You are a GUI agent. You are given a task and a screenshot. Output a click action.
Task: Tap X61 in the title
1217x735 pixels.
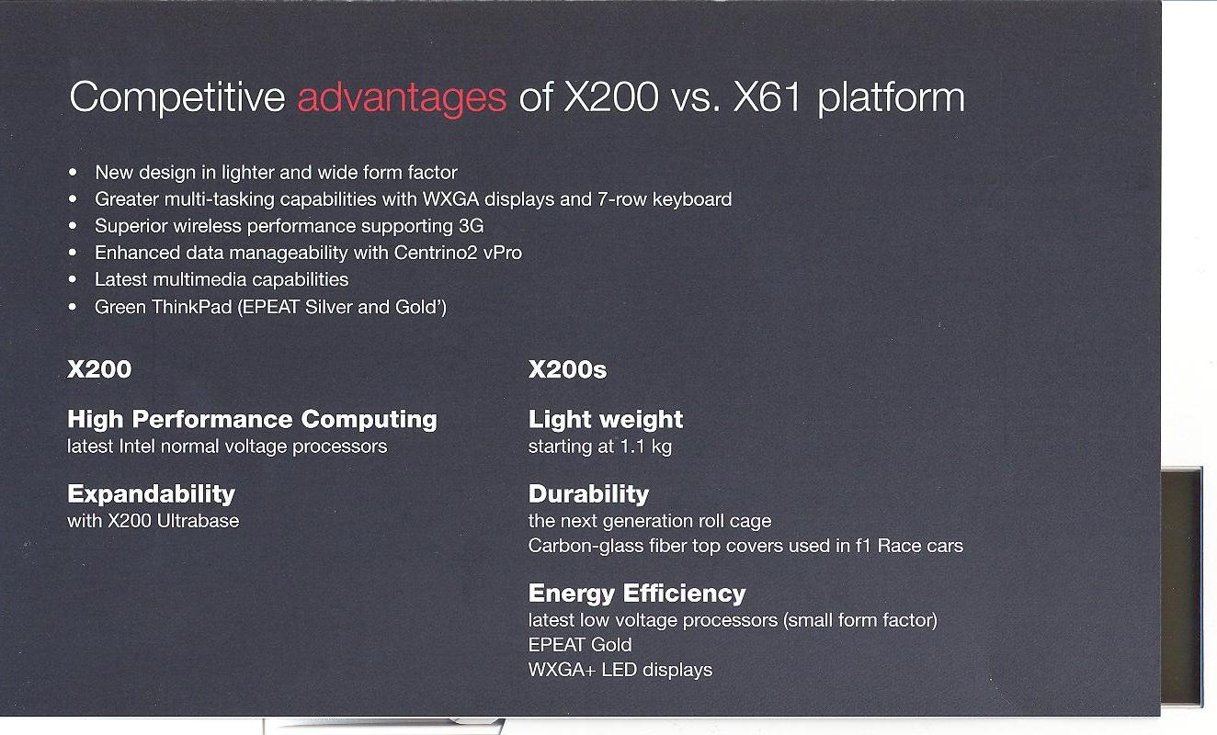pos(767,97)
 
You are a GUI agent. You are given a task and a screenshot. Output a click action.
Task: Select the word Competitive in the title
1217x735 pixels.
pos(177,98)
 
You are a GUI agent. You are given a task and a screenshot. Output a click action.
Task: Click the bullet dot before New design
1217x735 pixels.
pos(73,172)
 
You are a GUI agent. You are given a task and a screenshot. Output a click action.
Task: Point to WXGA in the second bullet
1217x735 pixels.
pos(450,199)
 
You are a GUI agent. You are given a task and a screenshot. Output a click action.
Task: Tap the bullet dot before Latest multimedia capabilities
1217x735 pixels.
pos(73,279)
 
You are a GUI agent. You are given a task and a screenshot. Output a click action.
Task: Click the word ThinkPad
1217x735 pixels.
pos(191,307)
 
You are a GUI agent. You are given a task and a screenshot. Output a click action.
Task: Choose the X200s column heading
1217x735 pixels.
pos(567,370)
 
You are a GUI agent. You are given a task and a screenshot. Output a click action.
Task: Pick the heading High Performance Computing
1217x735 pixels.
pos(252,419)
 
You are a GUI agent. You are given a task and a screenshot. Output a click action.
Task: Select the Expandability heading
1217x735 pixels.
pos(151,494)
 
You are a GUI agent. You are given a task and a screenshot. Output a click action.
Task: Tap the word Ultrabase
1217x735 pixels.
pos(198,521)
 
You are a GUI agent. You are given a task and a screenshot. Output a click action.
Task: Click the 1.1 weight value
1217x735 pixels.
pos(632,447)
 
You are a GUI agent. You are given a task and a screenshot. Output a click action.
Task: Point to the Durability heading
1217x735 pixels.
pos(589,494)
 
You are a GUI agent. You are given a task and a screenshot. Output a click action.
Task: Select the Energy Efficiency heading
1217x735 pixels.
pos(637,594)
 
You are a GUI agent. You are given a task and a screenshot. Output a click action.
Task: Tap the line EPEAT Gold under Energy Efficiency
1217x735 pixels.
pos(580,645)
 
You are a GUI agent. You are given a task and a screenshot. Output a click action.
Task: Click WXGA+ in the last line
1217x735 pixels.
pos(562,670)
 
